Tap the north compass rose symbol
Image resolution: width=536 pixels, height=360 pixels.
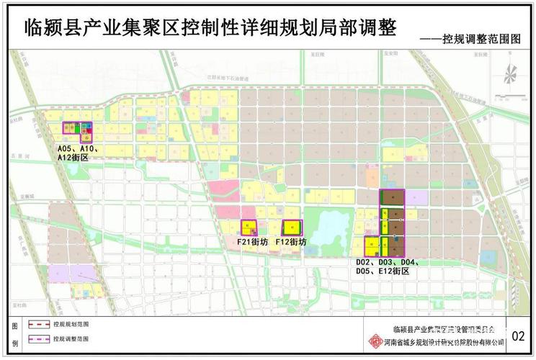(x=510, y=73)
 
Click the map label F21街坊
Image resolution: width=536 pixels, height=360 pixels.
(x=252, y=243)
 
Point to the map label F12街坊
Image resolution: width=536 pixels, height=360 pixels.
(x=292, y=243)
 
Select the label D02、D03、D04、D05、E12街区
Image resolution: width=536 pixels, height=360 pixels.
(x=388, y=267)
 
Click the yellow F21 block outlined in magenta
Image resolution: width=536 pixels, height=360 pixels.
(x=249, y=228)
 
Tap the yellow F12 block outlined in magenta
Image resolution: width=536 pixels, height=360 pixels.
(x=291, y=228)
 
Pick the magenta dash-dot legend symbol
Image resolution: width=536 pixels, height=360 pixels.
(x=37, y=338)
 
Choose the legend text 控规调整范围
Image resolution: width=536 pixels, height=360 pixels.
(x=71, y=338)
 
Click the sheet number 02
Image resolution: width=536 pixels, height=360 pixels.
(x=519, y=336)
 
